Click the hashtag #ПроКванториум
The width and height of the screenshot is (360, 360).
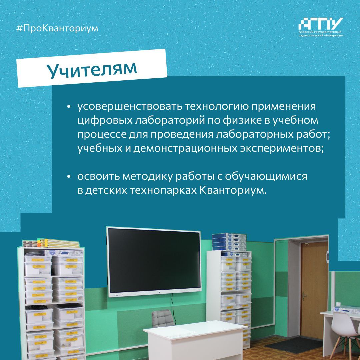(57, 28)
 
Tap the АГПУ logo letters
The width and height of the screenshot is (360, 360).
(321, 24)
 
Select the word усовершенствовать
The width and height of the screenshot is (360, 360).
(130, 106)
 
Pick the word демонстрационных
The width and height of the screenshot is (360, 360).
(185, 149)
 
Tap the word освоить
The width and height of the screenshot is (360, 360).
(98, 176)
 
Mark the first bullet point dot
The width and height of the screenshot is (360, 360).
(68, 107)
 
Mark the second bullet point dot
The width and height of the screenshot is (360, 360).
(68, 177)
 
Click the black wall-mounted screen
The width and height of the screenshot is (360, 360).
(154, 262)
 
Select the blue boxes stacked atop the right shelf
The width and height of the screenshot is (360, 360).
(229, 242)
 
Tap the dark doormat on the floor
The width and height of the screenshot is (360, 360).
(294, 344)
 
